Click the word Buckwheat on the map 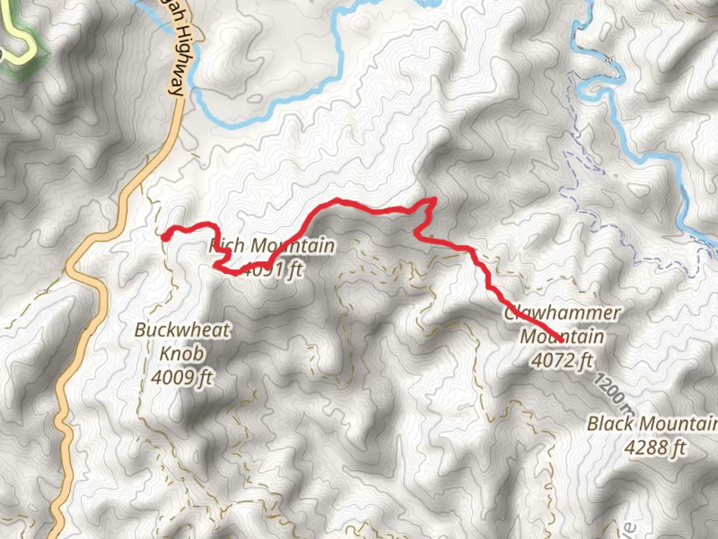click(182, 330)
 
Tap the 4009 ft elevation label click(182, 378)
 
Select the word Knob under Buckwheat click(182, 354)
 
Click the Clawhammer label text click(562, 313)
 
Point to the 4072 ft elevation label click(562, 360)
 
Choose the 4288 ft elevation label click(655, 448)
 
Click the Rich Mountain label click(272, 246)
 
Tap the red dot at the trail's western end click(165, 238)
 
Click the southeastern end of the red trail click(562, 340)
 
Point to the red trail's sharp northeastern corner click(435, 200)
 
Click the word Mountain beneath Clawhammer click(562, 336)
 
